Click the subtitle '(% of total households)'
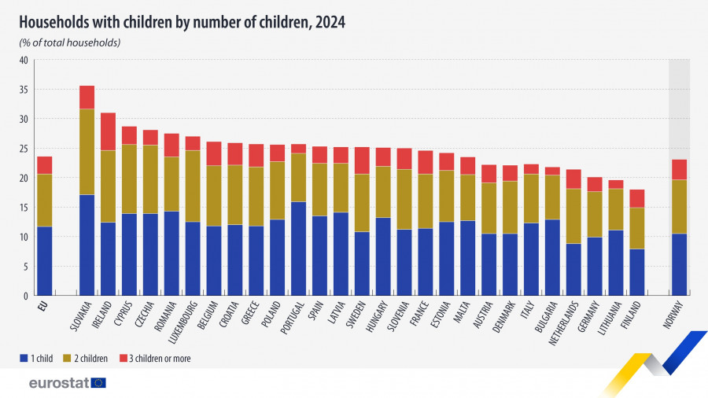70,42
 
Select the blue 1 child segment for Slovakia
87,245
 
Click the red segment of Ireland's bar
108,131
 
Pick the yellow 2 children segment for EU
45,200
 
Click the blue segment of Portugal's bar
298,249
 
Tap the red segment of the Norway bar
680,169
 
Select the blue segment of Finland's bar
637,272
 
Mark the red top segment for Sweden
362,160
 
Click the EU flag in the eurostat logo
98,383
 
